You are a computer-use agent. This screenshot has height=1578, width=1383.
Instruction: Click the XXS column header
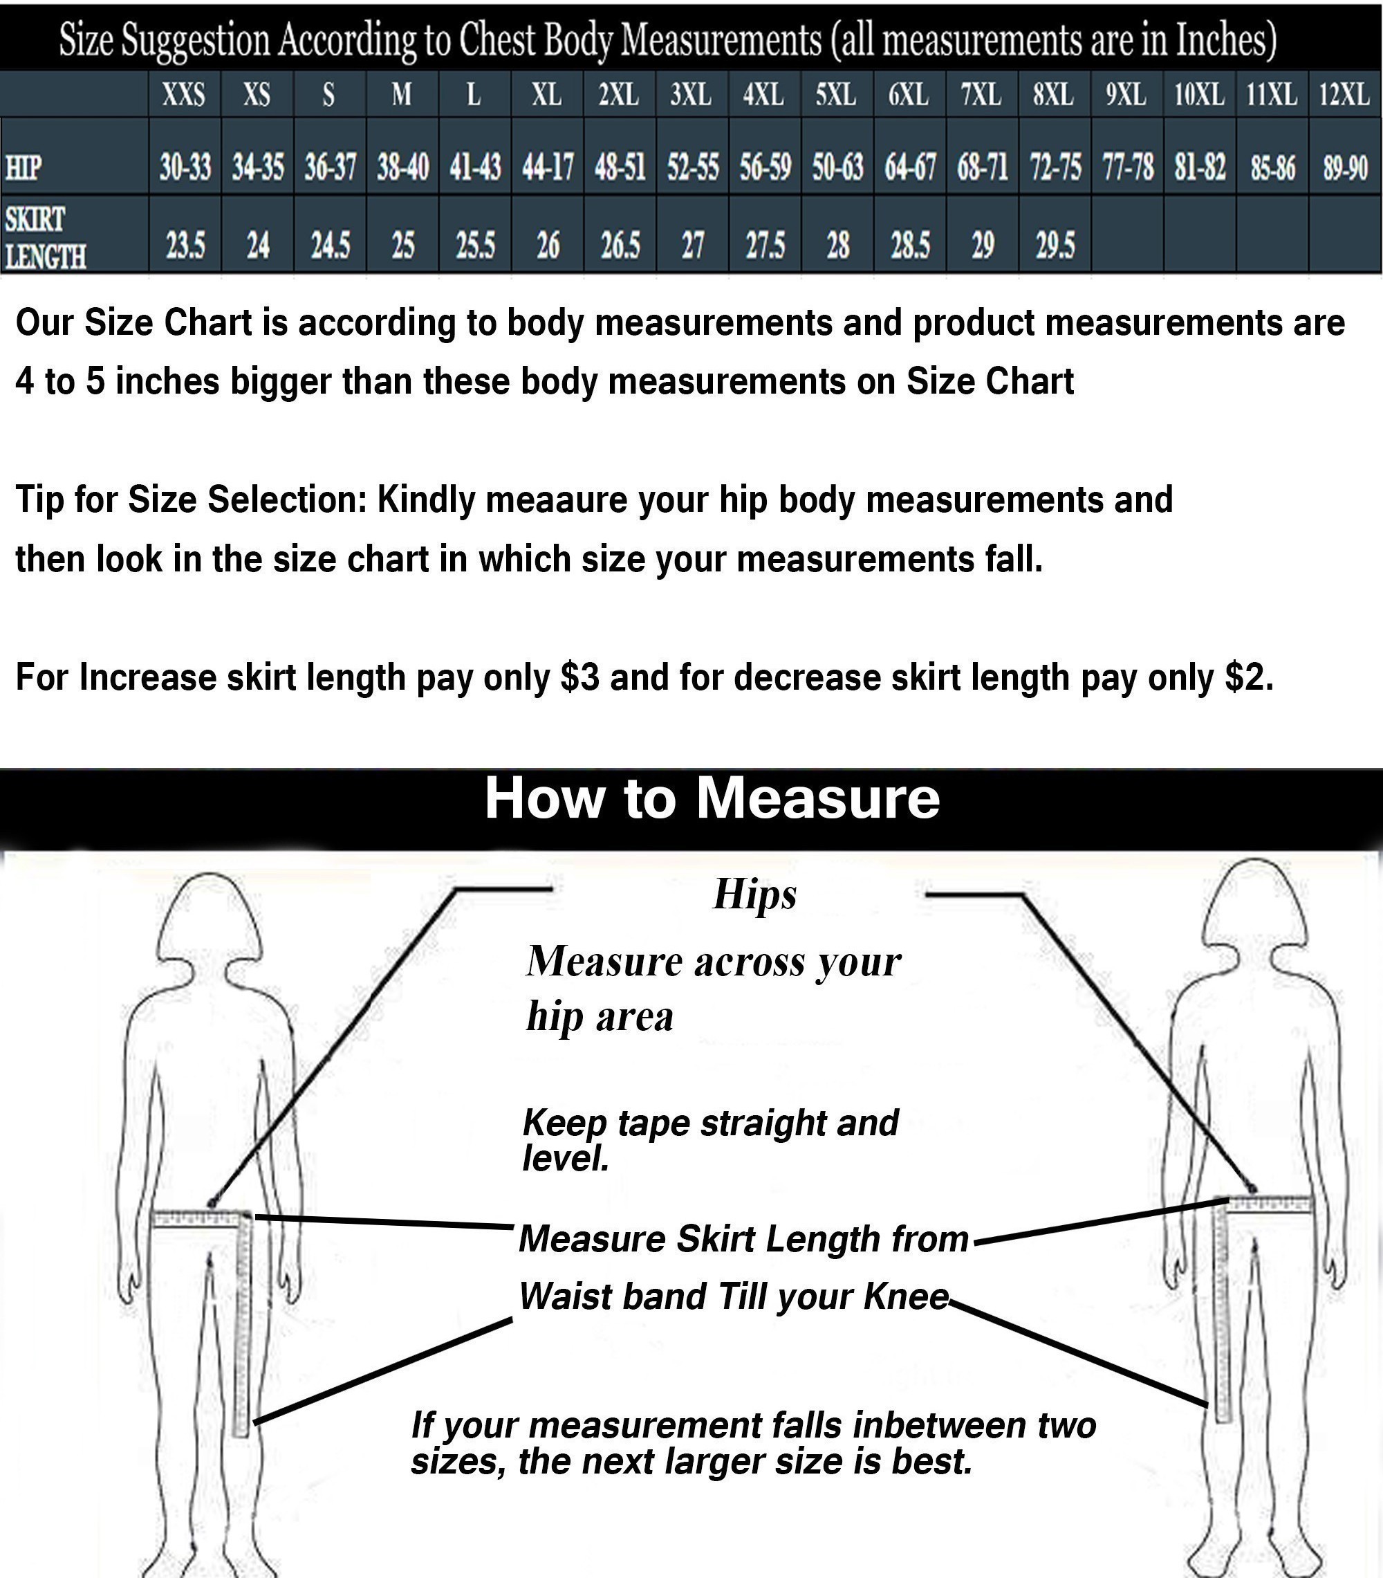(184, 95)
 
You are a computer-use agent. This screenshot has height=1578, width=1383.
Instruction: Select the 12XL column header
(1344, 95)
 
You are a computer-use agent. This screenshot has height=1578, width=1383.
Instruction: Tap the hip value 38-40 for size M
(402, 167)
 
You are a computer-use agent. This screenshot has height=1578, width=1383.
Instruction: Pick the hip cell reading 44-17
(547, 167)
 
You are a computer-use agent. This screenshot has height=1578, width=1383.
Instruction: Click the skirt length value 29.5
(1055, 246)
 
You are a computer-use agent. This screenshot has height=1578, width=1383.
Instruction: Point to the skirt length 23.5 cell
(185, 246)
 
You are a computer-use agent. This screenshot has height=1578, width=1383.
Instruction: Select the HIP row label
(23, 167)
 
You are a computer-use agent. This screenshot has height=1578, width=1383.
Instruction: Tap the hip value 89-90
(1345, 167)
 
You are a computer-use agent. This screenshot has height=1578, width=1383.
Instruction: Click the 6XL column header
(909, 95)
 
